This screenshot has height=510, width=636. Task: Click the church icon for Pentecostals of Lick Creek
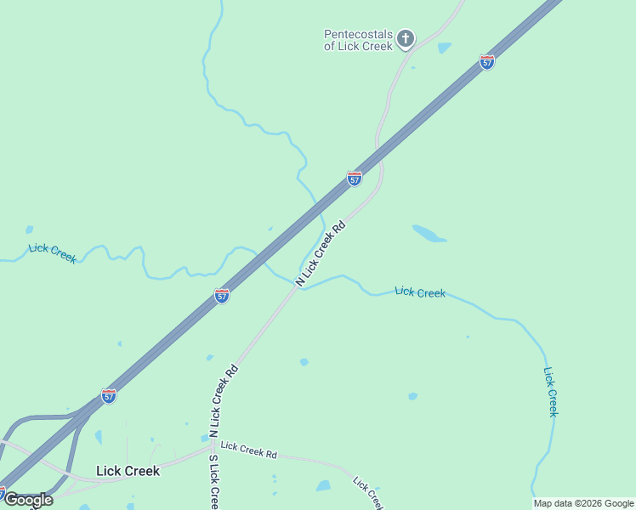coord(406,38)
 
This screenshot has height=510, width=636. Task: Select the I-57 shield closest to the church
coord(486,62)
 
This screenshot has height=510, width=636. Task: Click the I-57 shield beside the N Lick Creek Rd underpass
coord(355,178)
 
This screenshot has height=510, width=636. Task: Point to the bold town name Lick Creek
coord(128,471)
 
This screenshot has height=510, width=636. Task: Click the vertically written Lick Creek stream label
coord(551,391)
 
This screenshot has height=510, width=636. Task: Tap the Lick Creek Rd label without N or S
coord(248,450)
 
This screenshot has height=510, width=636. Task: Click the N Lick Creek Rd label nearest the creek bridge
coord(321,253)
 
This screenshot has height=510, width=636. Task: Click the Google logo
coord(28,500)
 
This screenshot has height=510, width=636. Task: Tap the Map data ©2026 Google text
coord(583,503)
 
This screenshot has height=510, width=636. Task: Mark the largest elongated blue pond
coord(429,233)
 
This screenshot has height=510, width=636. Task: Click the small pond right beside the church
coord(444,48)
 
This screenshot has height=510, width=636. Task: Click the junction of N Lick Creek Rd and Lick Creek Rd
coord(212,442)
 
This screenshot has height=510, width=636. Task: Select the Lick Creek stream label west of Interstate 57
coord(52,252)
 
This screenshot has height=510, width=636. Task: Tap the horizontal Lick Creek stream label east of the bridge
coord(420,292)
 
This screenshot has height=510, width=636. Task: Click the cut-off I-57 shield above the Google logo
coord(3,492)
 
